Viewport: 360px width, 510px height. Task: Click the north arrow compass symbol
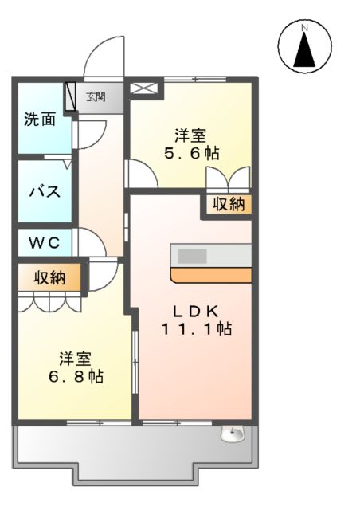pos(304,47)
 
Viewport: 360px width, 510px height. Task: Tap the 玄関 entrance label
pos(96,97)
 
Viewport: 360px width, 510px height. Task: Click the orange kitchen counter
pos(211,276)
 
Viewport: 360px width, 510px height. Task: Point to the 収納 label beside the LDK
pos(229,204)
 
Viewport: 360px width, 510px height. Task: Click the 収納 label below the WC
pos(49,278)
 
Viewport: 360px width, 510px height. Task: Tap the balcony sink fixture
pos(233,435)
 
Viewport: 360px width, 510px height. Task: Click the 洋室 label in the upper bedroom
pos(190,134)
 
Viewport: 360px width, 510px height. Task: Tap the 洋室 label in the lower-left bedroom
pos(73,357)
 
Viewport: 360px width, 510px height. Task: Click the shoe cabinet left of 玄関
pos(70,96)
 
